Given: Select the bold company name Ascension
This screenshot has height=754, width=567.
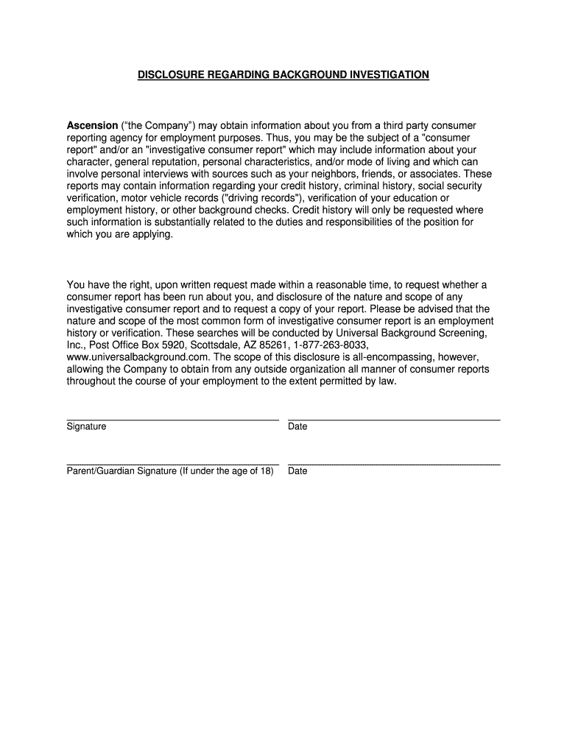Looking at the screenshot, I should click(x=92, y=126).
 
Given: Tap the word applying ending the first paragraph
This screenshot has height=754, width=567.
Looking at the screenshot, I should click(x=154, y=234).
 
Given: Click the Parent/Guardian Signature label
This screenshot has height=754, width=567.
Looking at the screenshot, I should click(x=170, y=471).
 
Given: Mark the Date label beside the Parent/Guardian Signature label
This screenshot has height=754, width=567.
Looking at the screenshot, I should click(x=297, y=471).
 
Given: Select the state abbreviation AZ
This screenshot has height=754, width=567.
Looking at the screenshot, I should click(x=245, y=345).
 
